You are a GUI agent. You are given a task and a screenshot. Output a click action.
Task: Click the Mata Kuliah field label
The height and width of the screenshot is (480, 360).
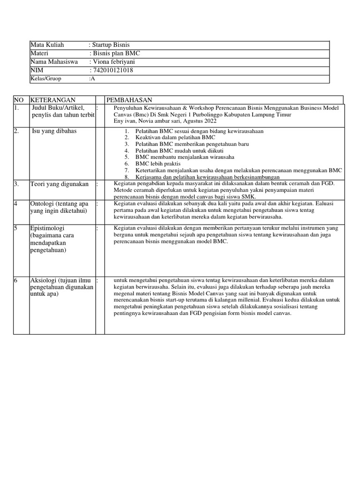[x=47, y=45]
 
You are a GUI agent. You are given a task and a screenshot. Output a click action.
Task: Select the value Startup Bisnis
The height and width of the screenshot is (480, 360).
[x=112, y=45]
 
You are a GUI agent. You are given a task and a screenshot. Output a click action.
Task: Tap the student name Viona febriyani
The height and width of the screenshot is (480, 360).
[x=115, y=62]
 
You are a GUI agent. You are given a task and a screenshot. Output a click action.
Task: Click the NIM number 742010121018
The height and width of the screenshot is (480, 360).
[x=113, y=70]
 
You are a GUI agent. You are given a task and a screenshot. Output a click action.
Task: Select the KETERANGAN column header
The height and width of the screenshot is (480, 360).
[x=52, y=100]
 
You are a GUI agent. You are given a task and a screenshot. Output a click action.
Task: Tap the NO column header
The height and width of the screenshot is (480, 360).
[x=19, y=100]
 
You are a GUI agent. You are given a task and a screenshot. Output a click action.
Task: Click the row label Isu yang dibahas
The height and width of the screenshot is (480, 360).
[x=54, y=131]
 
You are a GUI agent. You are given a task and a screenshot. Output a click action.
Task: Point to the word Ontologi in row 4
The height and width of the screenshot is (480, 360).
[x=44, y=204]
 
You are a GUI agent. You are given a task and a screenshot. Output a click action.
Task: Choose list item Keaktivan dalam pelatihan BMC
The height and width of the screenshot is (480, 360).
[x=175, y=138]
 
